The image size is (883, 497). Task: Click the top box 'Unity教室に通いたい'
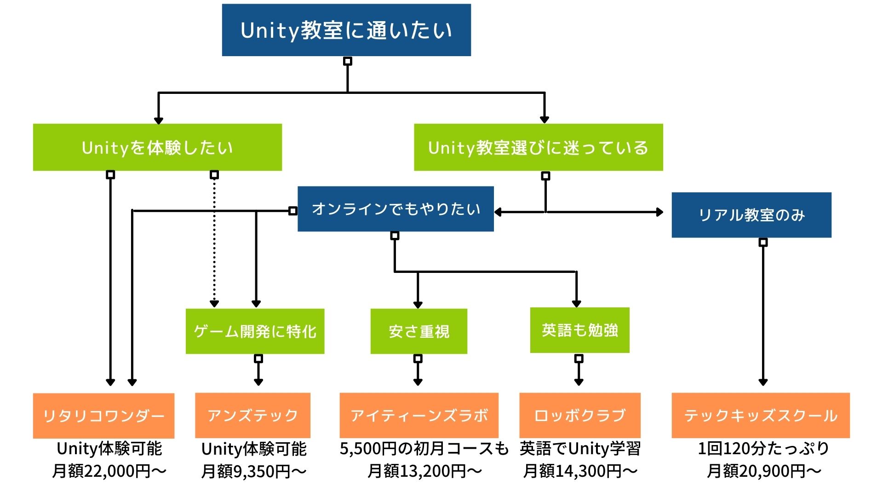(x=346, y=30)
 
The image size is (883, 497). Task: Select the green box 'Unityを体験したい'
(x=157, y=147)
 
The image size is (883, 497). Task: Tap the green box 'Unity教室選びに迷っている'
(x=539, y=147)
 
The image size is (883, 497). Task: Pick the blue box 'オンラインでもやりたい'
(x=396, y=209)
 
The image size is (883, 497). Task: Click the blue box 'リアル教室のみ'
(x=751, y=215)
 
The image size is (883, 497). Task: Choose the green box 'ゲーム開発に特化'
(x=255, y=331)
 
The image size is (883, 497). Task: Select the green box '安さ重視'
(x=419, y=331)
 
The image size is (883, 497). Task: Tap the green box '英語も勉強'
(x=579, y=330)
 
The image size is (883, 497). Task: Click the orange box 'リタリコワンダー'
(x=103, y=416)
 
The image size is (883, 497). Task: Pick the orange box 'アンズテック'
(x=252, y=415)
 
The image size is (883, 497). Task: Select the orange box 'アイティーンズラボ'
(x=419, y=415)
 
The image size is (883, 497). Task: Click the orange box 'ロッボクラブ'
(x=580, y=415)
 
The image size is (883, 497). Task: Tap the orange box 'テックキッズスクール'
(x=761, y=415)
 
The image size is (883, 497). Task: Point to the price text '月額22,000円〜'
(x=109, y=471)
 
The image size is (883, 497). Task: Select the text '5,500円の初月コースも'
(x=424, y=449)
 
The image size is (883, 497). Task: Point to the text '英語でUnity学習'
(x=580, y=449)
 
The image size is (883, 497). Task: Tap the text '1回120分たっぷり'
(x=763, y=449)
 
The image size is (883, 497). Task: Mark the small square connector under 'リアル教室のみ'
(x=763, y=242)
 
